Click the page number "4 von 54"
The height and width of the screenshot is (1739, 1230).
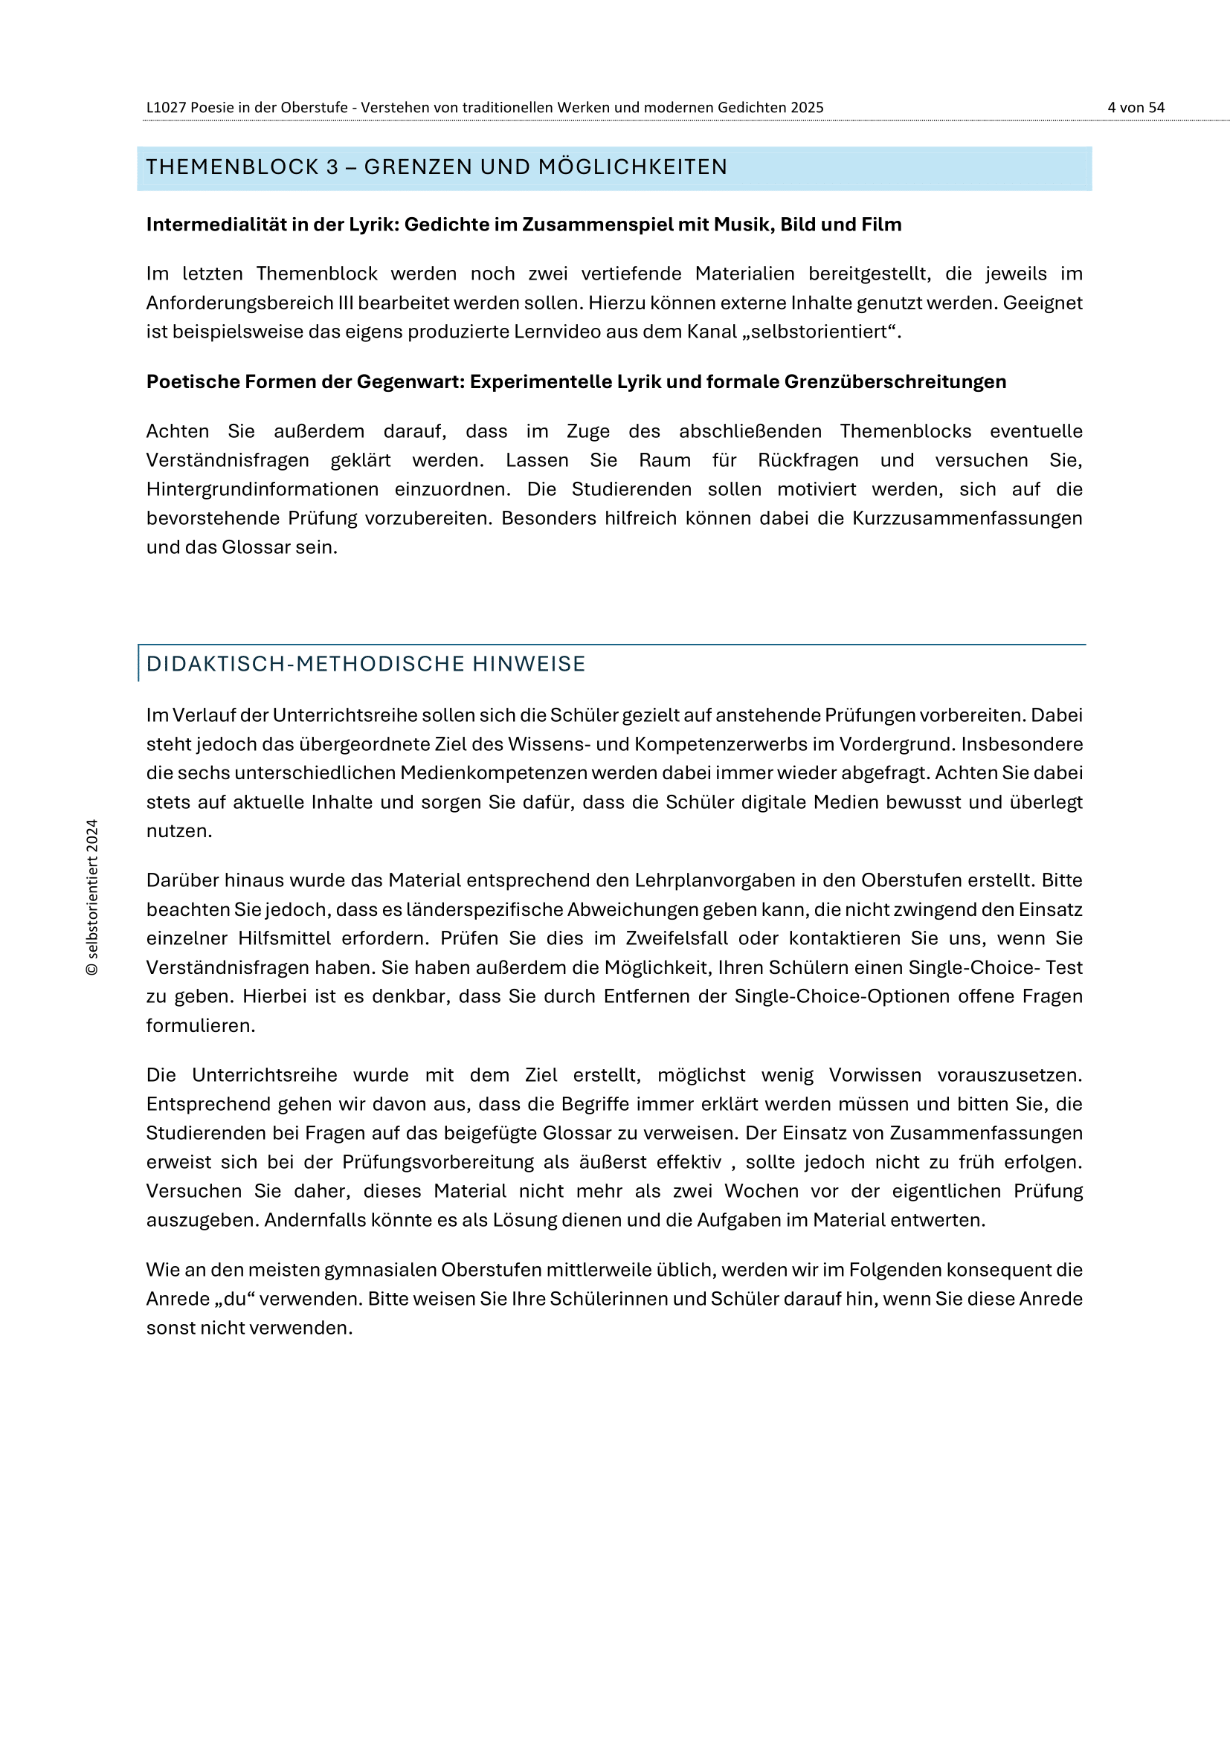pos(1136,108)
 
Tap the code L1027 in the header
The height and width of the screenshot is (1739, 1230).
pos(166,108)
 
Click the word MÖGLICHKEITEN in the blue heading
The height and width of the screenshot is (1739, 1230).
pos(632,167)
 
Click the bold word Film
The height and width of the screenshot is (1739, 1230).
pos(880,225)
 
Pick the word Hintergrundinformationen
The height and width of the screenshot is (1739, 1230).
pos(262,489)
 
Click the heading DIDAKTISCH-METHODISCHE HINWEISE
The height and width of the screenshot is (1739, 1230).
pos(366,664)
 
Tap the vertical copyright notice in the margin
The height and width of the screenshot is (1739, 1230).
pos(92,897)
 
